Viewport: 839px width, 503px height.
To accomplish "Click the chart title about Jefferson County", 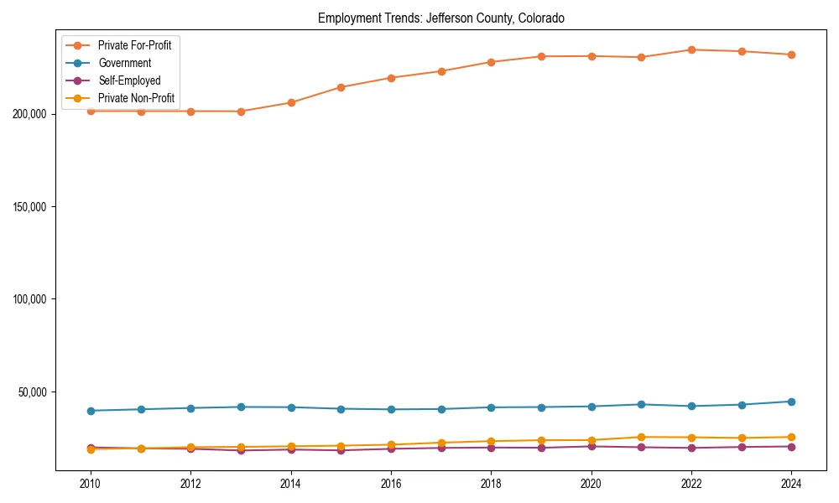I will pyautogui.click(x=440, y=18).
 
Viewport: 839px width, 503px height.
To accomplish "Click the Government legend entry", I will pyautogui.click(x=124, y=63).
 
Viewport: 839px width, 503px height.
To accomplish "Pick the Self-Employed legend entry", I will pyautogui.click(x=128, y=80).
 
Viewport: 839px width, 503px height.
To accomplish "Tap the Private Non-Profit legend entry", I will pyautogui.click(x=137, y=98).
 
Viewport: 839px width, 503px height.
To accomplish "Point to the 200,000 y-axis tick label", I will pyautogui.click(x=31, y=114).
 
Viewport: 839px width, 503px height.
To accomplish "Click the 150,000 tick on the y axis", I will pyautogui.click(x=31, y=207).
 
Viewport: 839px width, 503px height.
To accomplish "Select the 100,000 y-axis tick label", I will pyautogui.click(x=31, y=299).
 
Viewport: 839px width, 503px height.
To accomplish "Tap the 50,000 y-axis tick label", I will pyautogui.click(x=34, y=392).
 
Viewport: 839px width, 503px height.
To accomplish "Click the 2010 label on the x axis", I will pyautogui.click(x=91, y=484).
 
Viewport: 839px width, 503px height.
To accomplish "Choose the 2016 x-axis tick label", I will pyautogui.click(x=391, y=484).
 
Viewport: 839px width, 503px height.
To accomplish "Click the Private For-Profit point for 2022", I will pyautogui.click(x=691, y=49).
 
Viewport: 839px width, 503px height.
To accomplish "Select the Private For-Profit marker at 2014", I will pyautogui.click(x=291, y=102).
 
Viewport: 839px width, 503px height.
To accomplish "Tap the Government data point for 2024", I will pyautogui.click(x=791, y=402).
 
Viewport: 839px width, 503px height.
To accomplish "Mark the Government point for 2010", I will pyautogui.click(x=91, y=411).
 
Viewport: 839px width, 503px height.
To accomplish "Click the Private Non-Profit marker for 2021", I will pyautogui.click(x=641, y=437).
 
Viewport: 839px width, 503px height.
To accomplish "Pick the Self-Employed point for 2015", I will pyautogui.click(x=341, y=450).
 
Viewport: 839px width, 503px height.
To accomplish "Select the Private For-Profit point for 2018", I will pyautogui.click(x=491, y=62).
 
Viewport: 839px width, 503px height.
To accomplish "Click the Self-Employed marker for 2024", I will pyautogui.click(x=791, y=446).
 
